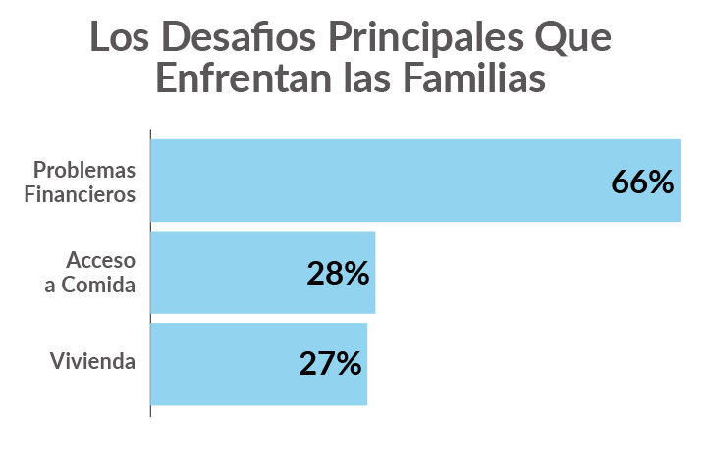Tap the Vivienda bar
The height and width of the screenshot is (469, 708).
(226, 364)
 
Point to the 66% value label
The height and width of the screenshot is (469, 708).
(642, 182)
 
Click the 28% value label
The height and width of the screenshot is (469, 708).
(338, 274)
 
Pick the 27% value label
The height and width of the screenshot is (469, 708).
(331, 364)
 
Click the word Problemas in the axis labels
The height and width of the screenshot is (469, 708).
(84, 170)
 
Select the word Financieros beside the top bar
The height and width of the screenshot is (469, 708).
(84, 193)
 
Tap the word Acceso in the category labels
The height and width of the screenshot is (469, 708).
(100, 261)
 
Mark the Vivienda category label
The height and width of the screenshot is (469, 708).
(92, 361)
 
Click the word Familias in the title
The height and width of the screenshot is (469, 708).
(478, 78)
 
